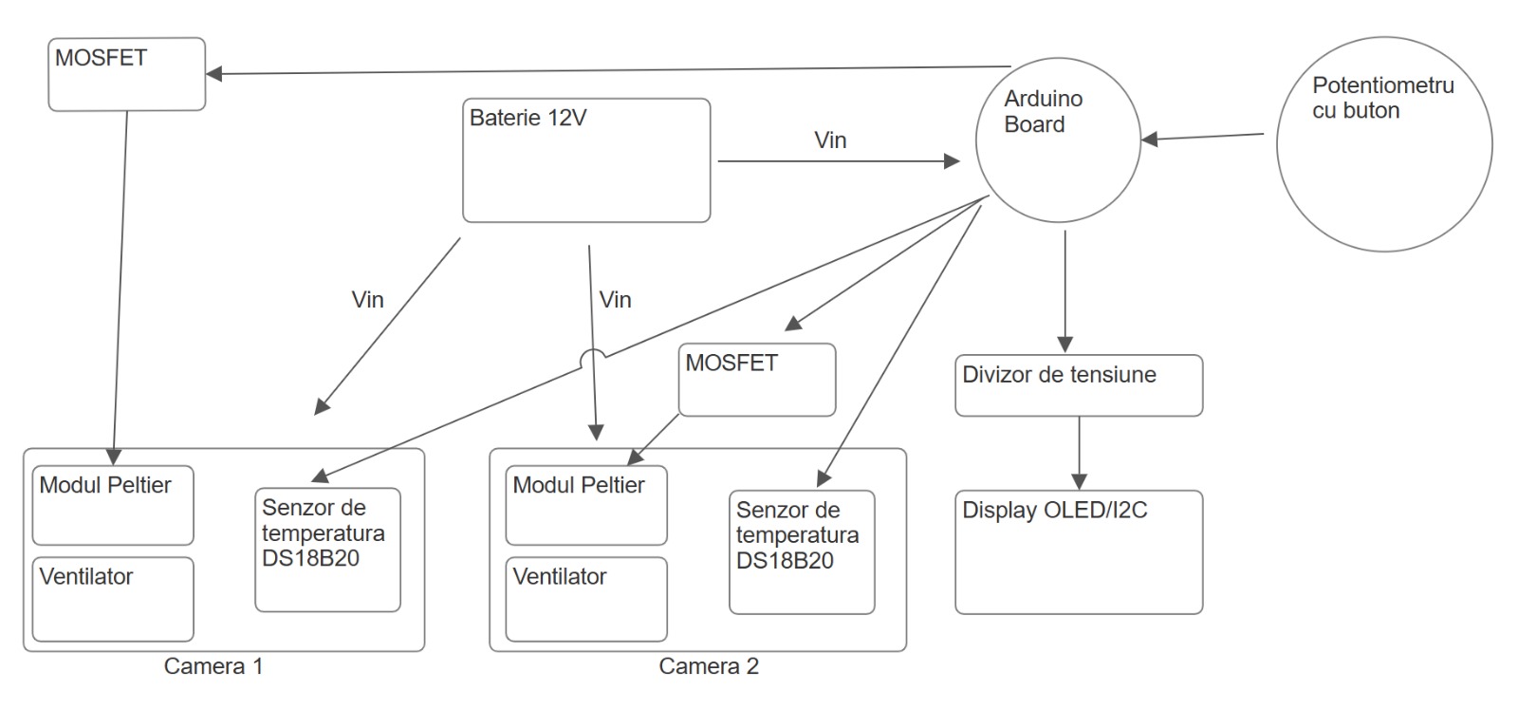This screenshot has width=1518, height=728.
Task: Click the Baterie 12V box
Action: tap(585, 160)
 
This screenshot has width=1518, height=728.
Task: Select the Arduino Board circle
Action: tap(1058, 140)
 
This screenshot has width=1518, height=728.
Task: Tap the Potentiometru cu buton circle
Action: tap(1383, 144)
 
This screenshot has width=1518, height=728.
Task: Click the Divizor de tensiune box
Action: tap(1078, 385)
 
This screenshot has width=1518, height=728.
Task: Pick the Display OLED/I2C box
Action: tap(1078, 551)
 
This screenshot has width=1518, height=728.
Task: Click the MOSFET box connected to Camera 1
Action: tap(127, 74)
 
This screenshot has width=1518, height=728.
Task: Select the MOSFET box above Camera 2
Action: tap(756, 380)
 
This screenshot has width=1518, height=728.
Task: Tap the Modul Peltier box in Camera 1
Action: tap(112, 505)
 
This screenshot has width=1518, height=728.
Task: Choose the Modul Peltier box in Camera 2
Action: tap(585, 505)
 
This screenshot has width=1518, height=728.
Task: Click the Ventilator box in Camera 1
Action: tap(112, 599)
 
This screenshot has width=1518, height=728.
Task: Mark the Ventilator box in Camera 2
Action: tap(585, 599)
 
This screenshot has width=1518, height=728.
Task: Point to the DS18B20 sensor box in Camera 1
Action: tap(327, 550)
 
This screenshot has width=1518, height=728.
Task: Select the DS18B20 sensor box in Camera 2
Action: tap(801, 551)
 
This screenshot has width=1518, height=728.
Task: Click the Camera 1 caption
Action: tap(213, 666)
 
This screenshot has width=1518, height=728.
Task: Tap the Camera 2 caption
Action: tap(708, 666)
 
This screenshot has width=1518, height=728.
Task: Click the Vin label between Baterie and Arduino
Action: tap(830, 140)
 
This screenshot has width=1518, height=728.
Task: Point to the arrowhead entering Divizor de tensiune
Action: tap(1064, 345)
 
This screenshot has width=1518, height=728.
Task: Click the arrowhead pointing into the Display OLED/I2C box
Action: tap(1079, 481)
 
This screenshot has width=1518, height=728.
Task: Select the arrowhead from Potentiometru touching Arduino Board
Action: tap(1150, 140)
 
